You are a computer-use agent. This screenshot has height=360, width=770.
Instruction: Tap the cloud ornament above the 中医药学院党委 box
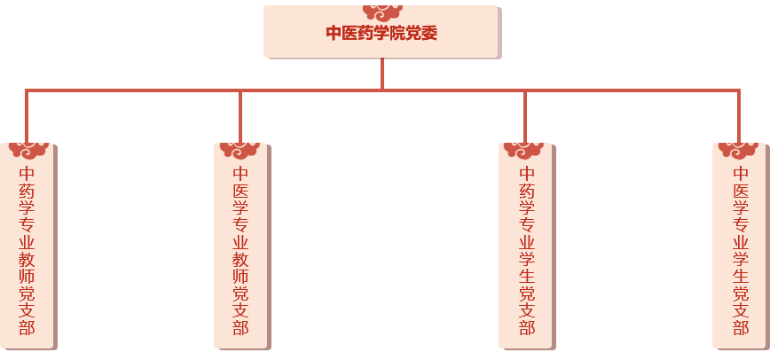tap(382, 12)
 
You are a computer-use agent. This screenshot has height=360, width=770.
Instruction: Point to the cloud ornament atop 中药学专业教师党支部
tap(27, 147)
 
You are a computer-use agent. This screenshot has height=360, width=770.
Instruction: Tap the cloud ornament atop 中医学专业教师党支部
tap(240, 147)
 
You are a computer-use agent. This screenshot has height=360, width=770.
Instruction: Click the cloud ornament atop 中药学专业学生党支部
tap(527, 147)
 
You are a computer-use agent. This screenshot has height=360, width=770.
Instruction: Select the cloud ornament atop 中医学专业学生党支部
tap(740, 147)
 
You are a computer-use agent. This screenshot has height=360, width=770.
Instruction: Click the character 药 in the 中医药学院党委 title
tap(366, 34)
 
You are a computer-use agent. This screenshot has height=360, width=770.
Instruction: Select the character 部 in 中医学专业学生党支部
tap(740, 327)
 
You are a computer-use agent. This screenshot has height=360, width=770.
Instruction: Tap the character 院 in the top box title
tap(398, 34)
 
